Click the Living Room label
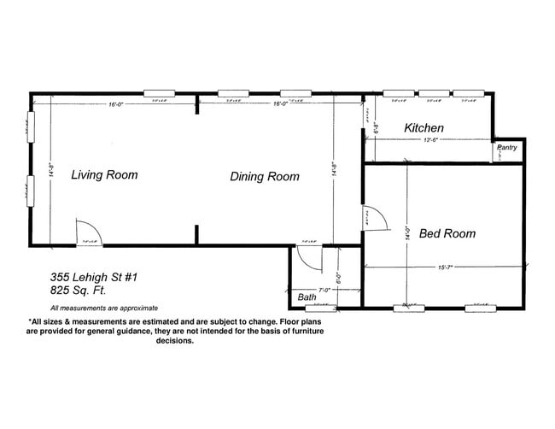point(103,175)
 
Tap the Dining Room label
point(265,177)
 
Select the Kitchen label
point(424,128)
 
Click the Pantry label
point(506,148)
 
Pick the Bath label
point(307,297)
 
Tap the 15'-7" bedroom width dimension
point(444,267)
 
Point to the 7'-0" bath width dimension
point(324,291)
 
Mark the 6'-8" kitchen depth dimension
point(377,128)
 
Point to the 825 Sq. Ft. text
point(80,291)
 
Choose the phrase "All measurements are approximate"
point(103,308)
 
